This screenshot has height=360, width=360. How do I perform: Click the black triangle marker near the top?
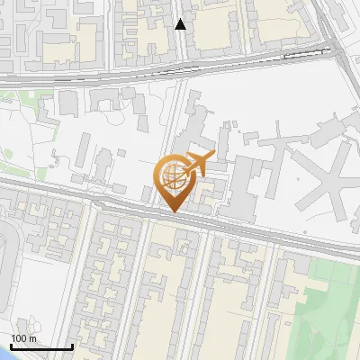tap(181, 24)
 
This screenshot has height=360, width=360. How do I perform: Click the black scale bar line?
tap(41, 347)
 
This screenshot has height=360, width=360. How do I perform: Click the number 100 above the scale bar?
tap(18, 338)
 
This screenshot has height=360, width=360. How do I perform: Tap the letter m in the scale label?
tap(32, 338)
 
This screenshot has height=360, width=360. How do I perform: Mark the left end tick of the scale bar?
tap(11, 346)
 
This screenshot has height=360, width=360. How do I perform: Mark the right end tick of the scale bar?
tap(72, 346)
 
